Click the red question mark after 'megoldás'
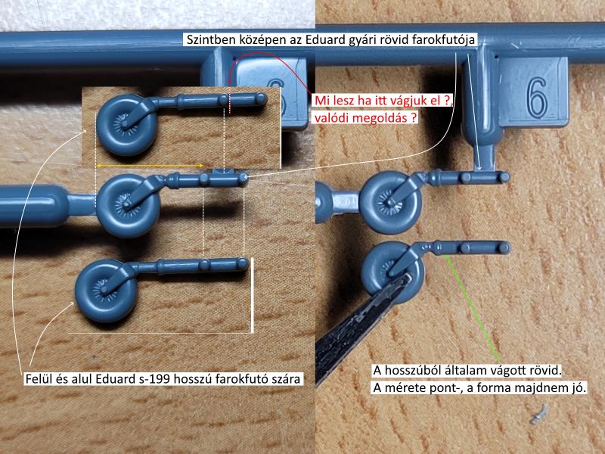coord(414,117)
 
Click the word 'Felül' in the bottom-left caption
coord(39,379)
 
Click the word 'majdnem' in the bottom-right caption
coord(543,387)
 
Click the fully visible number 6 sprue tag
coord(534,92)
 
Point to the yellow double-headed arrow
coord(150,166)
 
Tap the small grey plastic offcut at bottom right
coord(539,414)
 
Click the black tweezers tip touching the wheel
coord(403,280)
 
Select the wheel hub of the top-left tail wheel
coord(124,123)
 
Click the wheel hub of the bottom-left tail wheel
coord(104,289)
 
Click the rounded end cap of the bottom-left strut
coord(243,263)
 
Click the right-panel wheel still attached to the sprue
coord(389,202)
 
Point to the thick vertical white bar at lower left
coord(252,295)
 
